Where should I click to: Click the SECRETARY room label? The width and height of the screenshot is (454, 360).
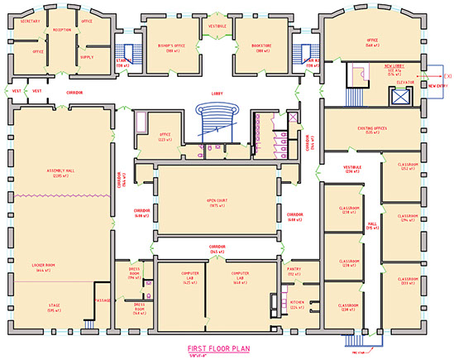[x=31, y=20]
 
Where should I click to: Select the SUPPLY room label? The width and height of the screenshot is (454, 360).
[x=85, y=57]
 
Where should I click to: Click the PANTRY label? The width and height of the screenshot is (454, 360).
[x=294, y=268]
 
